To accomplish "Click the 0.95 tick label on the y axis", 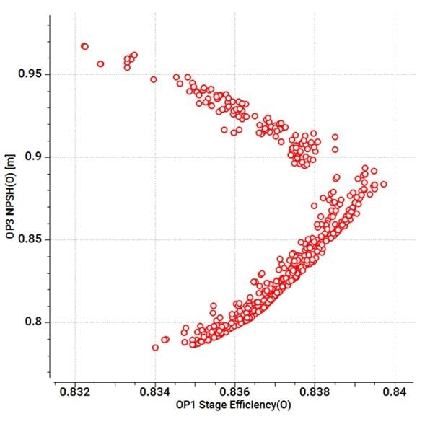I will click(31, 74).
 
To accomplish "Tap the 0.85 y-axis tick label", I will click(31, 239).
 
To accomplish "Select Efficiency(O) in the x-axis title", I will click(256, 406).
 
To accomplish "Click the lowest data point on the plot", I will click(155, 348).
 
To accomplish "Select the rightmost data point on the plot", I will click(383, 185).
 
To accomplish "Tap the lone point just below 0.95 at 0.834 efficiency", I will click(153, 79).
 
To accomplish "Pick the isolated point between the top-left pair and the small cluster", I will click(100, 63).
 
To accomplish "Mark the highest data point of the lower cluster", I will click(365, 168).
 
